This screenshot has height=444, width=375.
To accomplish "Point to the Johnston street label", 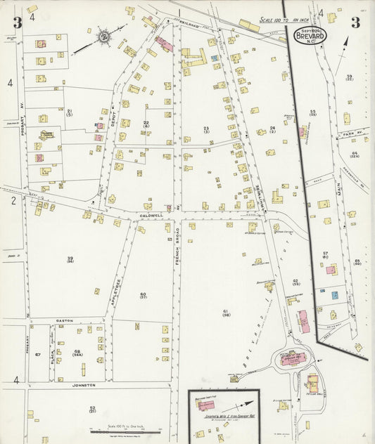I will click(x=81, y=385).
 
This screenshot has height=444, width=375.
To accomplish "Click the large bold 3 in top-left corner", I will click(x=17, y=22).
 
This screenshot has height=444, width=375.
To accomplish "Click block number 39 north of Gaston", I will click(x=70, y=259).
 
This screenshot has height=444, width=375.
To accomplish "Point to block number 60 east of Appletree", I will click(x=143, y=294).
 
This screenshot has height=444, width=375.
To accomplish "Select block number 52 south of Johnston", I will click(x=91, y=408).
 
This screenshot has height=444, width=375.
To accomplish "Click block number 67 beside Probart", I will click(x=37, y=355).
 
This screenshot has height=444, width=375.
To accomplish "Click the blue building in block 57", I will click(x=335, y=295).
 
